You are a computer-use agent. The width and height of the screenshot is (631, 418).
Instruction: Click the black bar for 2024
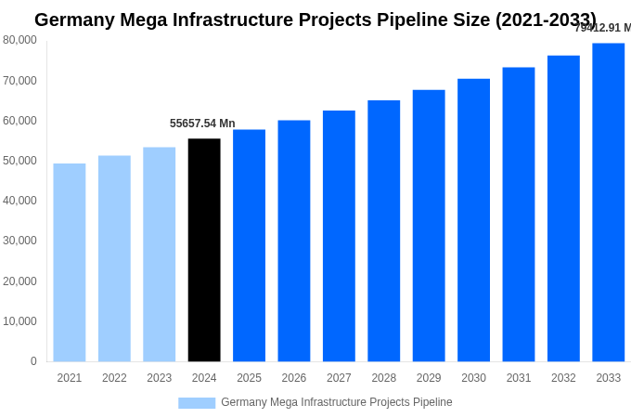pos(204,250)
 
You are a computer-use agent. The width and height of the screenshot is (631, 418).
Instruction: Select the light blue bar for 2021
pos(70,263)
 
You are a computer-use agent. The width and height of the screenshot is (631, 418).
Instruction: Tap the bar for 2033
pos(608,202)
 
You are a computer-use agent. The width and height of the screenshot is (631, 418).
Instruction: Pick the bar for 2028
pos(383,231)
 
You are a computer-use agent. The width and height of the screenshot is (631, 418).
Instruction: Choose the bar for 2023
pos(159,255)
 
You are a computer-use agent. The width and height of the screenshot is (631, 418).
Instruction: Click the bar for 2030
pos(473,220)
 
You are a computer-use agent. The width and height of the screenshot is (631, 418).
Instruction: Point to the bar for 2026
pos(294,241)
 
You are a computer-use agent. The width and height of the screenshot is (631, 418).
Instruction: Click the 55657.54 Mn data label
pos(202,124)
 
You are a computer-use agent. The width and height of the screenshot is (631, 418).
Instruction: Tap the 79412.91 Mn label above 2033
pos(603,28)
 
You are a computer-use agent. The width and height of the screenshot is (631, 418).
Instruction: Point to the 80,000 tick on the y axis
pos(19,40)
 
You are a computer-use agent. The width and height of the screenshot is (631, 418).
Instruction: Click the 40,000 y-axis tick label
pos(19,201)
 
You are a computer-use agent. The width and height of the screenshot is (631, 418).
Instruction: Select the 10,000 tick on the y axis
pos(19,321)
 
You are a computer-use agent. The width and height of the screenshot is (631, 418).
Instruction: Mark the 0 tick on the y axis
pos(33,361)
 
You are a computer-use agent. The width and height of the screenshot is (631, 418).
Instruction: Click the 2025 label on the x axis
pos(249,378)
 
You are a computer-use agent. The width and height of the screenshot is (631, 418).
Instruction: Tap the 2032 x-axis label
pos(563,378)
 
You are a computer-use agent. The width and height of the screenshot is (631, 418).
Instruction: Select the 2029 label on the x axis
pos(429,378)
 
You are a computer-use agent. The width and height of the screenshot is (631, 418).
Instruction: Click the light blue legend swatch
pos(197,403)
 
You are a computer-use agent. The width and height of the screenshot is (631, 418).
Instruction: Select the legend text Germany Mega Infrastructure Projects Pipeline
pos(336,402)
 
